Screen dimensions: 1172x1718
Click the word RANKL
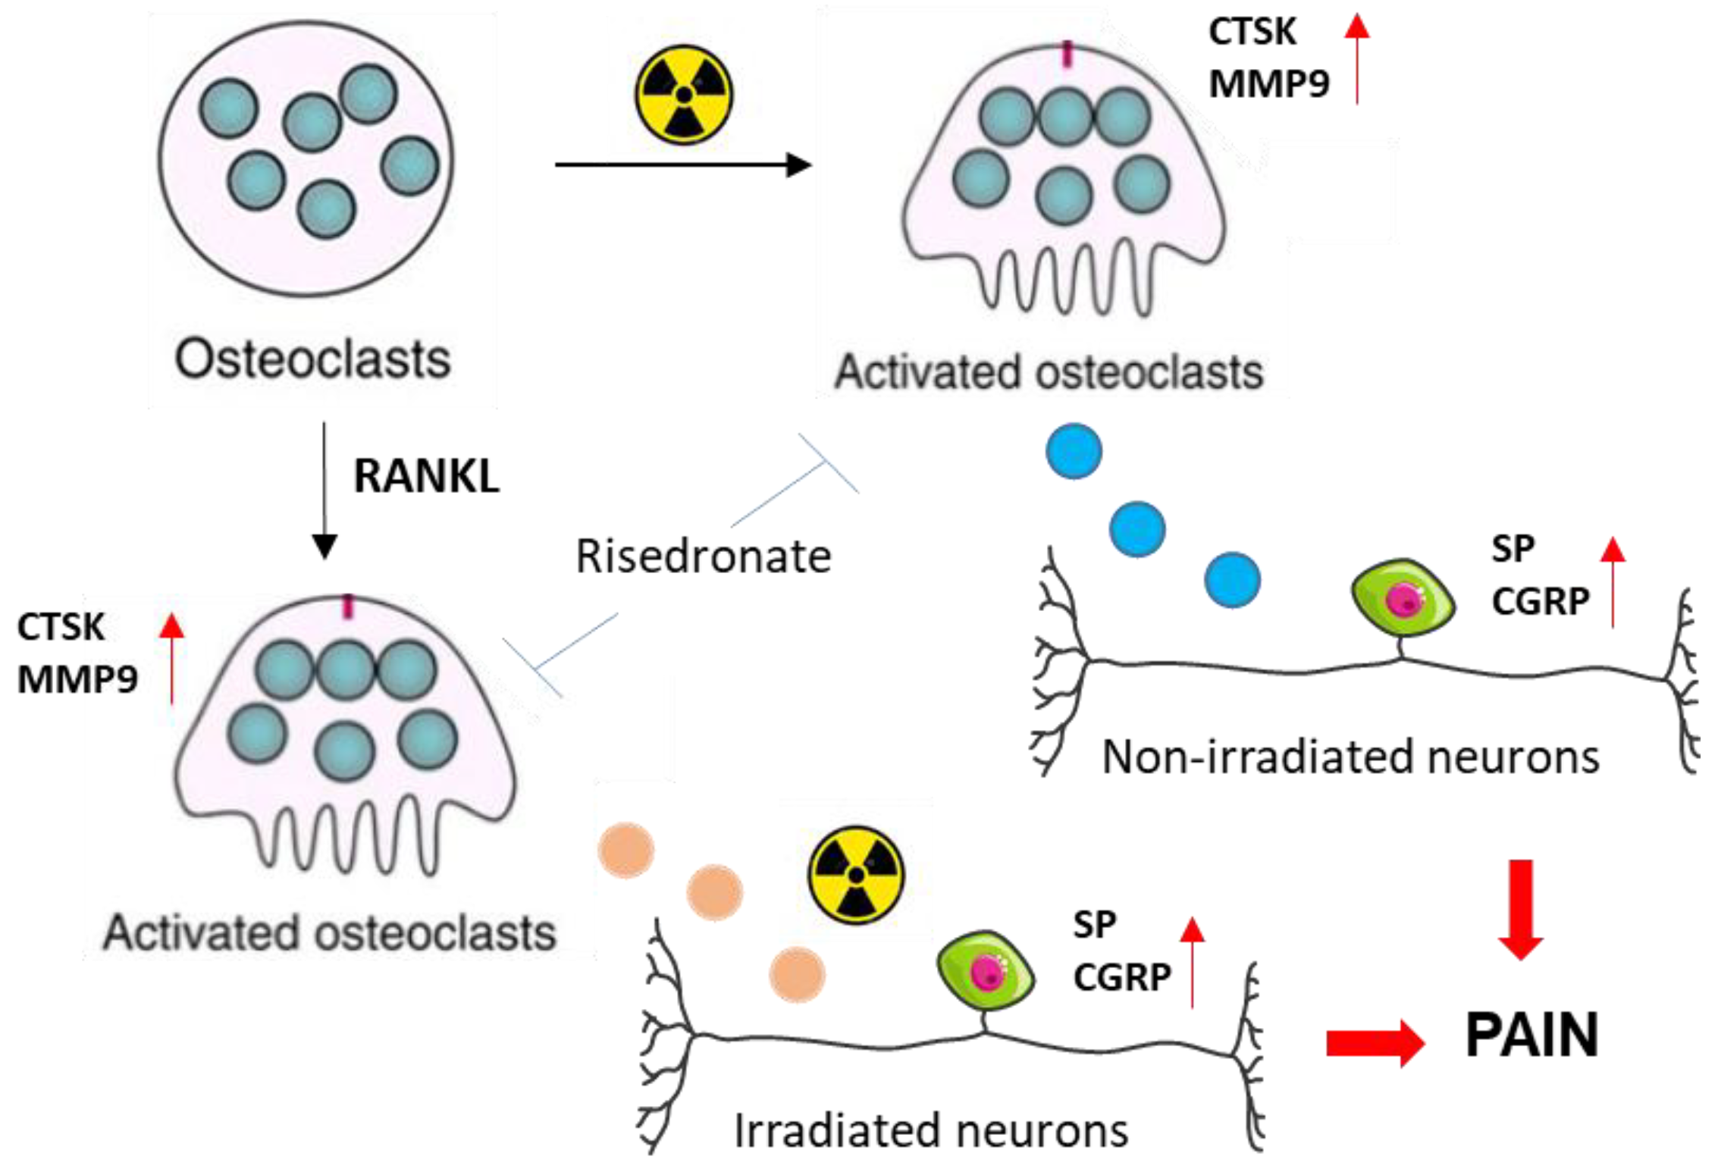pos(426,477)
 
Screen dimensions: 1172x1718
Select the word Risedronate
pos(703,556)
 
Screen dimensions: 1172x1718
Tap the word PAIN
pos(1531,1036)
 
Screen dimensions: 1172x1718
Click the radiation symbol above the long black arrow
pos(683,94)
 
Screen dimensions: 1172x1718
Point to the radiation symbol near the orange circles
pos(856,876)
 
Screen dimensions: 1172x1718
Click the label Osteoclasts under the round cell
pos(312,359)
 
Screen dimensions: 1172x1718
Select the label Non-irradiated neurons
pos(1350,757)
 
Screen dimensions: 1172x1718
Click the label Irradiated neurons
pos(930,1130)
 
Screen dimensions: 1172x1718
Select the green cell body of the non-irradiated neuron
pos(1403,600)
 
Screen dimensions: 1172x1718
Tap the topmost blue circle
pos(1074,451)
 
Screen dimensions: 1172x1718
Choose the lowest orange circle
pos(797,975)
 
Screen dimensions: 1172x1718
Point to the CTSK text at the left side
pos(61,627)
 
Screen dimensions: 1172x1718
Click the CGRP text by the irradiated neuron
pos(1122,977)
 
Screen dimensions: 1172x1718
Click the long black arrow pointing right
pos(682,165)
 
